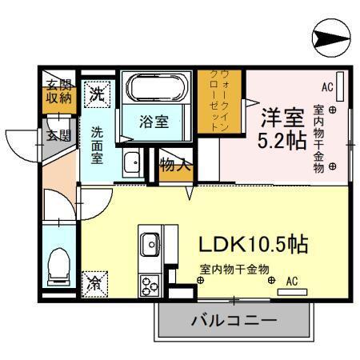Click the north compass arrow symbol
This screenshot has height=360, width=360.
click(x=330, y=37)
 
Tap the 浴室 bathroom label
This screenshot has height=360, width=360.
click(x=154, y=123)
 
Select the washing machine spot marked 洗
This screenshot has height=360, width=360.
click(x=96, y=92)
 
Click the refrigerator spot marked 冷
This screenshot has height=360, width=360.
click(x=94, y=282)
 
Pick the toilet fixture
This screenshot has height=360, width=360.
click(x=58, y=266)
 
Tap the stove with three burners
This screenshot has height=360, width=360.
click(x=150, y=283)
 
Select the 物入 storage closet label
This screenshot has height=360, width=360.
click(x=175, y=166)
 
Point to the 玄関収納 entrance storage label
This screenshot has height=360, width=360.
click(x=56, y=93)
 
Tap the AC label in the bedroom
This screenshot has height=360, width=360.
click(x=326, y=86)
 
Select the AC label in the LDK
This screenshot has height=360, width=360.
click(x=291, y=281)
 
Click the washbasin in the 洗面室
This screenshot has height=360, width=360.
click(x=132, y=164)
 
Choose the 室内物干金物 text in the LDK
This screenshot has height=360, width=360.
click(x=234, y=269)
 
